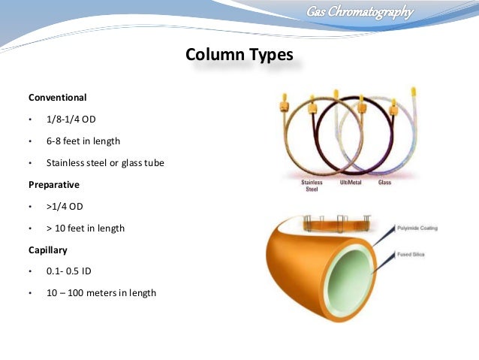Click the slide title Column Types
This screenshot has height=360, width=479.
[x=239, y=56]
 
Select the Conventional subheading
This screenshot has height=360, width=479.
[x=58, y=98]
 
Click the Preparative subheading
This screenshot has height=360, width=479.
[x=54, y=184]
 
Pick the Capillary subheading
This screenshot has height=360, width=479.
[x=50, y=250]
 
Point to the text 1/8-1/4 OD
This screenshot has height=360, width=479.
[x=71, y=119]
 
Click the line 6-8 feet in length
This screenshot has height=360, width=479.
[x=83, y=141]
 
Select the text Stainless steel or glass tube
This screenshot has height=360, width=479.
[x=105, y=163]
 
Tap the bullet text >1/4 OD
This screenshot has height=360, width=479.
[x=65, y=206]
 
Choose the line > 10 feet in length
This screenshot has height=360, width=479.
[x=86, y=228]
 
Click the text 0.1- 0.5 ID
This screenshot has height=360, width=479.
[x=69, y=271]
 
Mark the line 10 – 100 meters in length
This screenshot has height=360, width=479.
[x=101, y=293]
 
